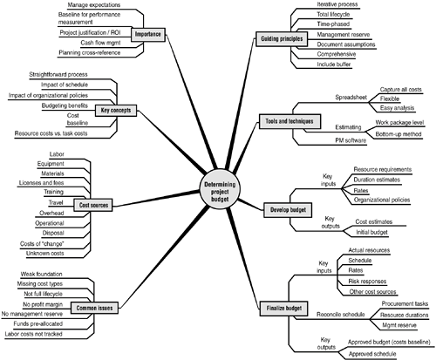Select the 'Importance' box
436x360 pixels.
tap(148, 34)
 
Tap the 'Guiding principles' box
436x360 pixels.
tap(282, 39)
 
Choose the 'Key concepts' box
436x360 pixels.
tap(116, 111)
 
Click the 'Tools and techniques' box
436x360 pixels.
tap(290, 121)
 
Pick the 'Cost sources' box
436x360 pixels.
tap(93, 205)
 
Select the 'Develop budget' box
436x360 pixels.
tap(288, 210)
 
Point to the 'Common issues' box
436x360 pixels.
tap(94, 308)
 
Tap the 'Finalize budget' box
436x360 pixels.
tap(283, 309)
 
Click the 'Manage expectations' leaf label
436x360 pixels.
tap(93, 5)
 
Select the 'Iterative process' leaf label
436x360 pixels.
tap(337, 4)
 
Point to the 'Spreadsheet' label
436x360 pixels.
tap(351, 98)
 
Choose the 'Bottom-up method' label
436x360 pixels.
tap(399, 134)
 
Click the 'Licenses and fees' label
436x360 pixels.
tap(41, 183)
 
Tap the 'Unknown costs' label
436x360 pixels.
tap(44, 254)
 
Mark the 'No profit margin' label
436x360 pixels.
tap(43, 304)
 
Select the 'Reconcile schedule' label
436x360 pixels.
tap(340, 315)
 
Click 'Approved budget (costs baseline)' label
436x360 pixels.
tap(389, 342)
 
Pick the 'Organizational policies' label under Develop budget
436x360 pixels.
tap(382, 200)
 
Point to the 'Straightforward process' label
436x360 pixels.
tap(58, 75)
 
